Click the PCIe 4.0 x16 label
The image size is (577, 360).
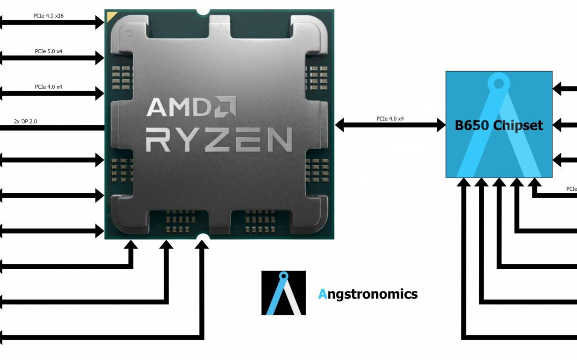click(x=48, y=16)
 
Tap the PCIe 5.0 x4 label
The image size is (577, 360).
click(x=48, y=51)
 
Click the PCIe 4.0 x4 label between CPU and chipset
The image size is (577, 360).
click(x=390, y=118)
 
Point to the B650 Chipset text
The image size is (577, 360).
click(x=499, y=125)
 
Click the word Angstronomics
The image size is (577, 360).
click(x=368, y=294)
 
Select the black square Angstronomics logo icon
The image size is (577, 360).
click(x=284, y=293)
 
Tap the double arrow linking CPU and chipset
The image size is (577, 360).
click(x=390, y=125)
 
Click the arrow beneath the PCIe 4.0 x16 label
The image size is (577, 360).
click(x=52, y=22)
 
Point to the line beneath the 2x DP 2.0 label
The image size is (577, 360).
click(x=52, y=128)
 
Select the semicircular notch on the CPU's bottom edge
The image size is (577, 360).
click(x=202, y=238)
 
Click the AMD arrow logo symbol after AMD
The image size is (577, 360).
click(x=225, y=106)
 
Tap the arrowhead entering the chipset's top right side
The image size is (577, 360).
click(x=557, y=89)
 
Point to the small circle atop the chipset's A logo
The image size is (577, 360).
click(x=499, y=83)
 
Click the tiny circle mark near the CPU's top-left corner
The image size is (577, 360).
click(x=129, y=34)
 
